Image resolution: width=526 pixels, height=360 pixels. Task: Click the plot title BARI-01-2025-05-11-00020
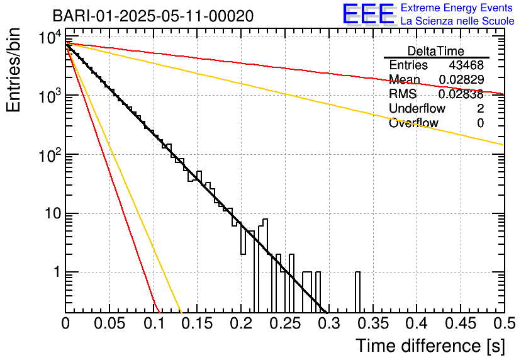tap(153, 16)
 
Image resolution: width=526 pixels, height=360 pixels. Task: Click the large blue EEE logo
tap(368, 14)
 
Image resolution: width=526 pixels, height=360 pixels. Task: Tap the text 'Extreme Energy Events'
tap(457, 8)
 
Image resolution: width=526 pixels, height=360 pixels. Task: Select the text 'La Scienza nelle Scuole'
tap(457, 21)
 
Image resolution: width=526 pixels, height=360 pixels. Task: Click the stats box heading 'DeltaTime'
tap(436, 51)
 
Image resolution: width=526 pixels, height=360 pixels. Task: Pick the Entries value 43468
tap(466, 65)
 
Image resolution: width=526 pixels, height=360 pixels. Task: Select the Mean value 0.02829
tap(461, 80)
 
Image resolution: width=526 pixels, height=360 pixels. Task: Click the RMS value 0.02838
tap(461, 94)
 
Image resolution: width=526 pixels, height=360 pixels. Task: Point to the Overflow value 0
tap(480, 123)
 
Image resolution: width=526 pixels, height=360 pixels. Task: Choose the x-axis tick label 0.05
tap(109, 324)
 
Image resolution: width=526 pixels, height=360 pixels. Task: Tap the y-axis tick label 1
tap(54, 273)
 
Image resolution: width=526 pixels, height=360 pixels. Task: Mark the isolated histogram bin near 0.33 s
tap(357, 291)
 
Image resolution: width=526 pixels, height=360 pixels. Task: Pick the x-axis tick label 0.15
tap(197, 324)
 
